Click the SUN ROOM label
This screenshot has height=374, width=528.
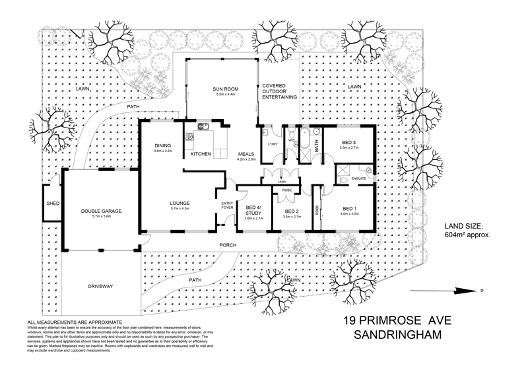226,89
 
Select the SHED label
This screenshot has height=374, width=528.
51,204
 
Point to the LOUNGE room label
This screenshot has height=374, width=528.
180,203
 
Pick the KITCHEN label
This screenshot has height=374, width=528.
201,154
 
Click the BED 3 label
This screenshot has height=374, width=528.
350,142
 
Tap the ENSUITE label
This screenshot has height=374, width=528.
360,178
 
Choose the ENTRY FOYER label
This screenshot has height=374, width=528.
227,206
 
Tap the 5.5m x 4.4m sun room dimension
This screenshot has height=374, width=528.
226,94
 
